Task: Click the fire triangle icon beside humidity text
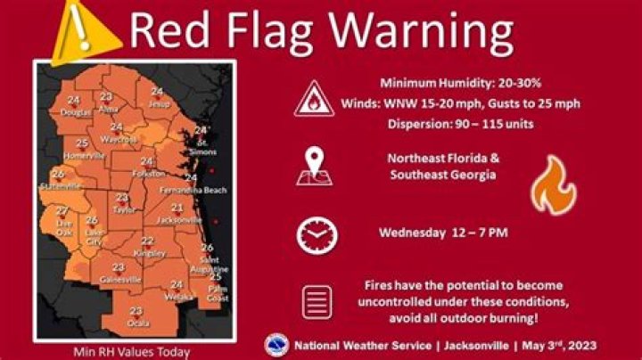point(314,101)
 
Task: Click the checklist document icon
point(316,301)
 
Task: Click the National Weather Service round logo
point(278,345)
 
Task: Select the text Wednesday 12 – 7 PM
point(443,233)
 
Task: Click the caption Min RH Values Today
point(131,351)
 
